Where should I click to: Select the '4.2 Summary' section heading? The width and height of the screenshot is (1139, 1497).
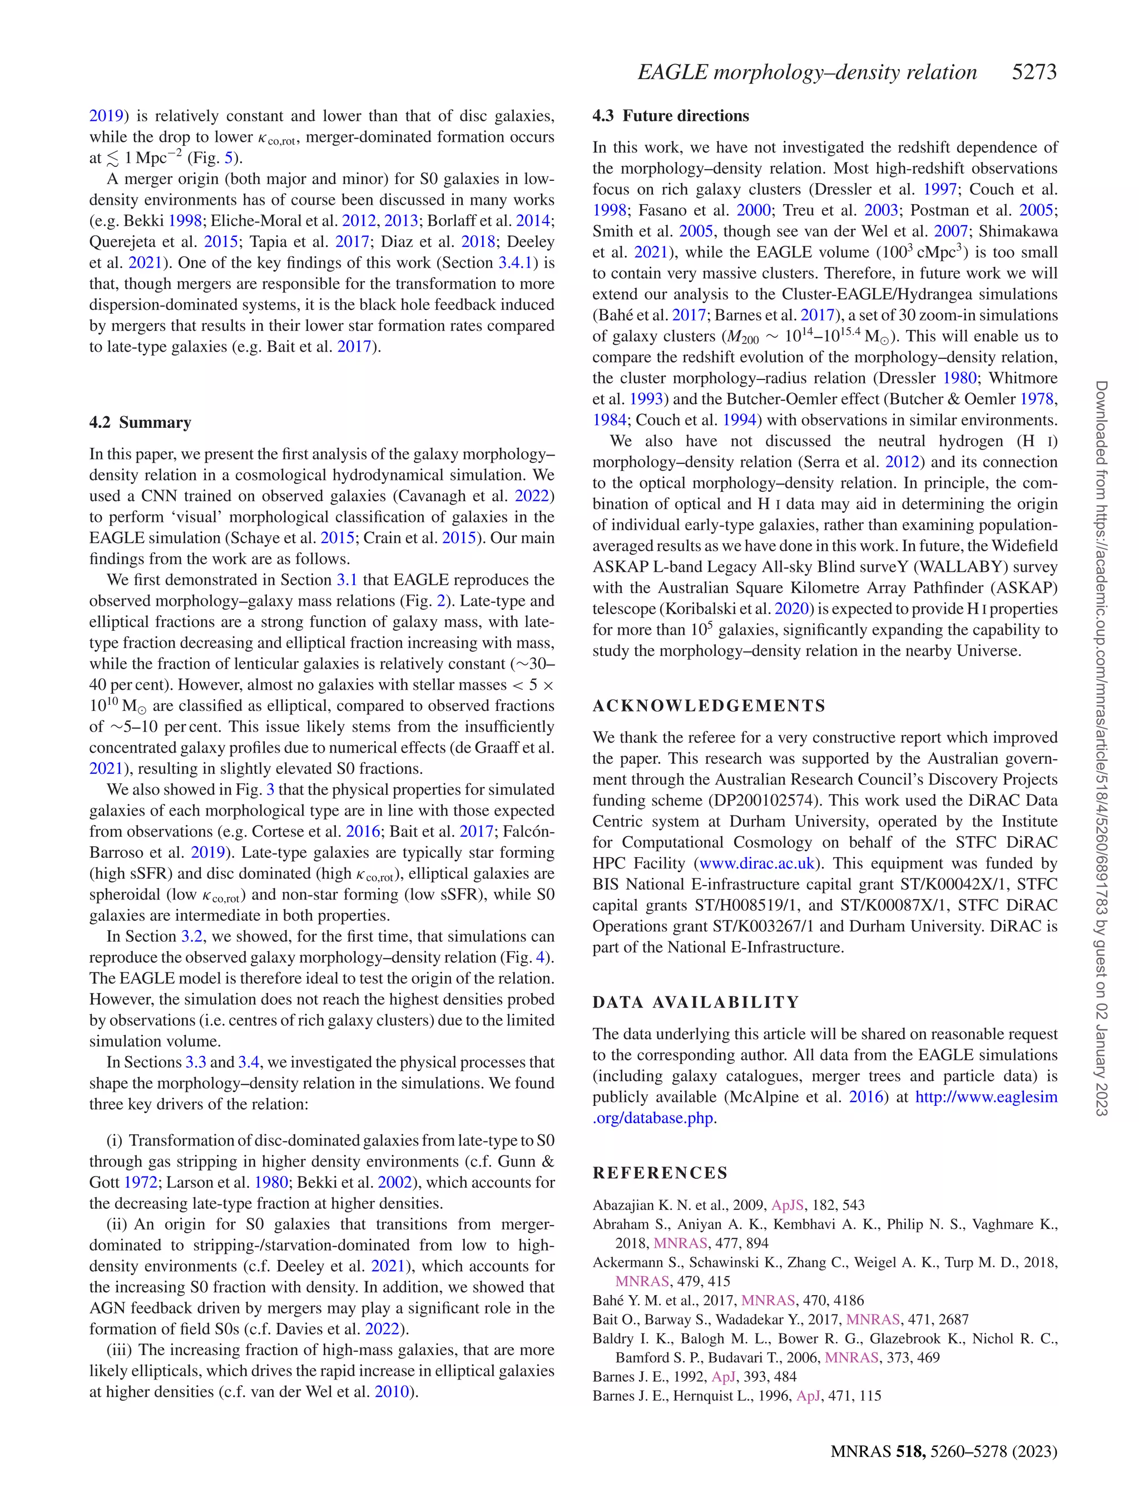140,422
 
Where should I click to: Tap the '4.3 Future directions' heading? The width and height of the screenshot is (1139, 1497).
671,116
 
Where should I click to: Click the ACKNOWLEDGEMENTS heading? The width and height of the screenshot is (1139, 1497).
709,706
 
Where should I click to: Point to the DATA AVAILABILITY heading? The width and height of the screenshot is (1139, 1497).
696,1002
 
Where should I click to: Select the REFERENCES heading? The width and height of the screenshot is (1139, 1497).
660,1173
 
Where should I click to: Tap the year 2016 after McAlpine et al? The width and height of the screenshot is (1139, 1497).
866,1097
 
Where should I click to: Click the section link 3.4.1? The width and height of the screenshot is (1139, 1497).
515,263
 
